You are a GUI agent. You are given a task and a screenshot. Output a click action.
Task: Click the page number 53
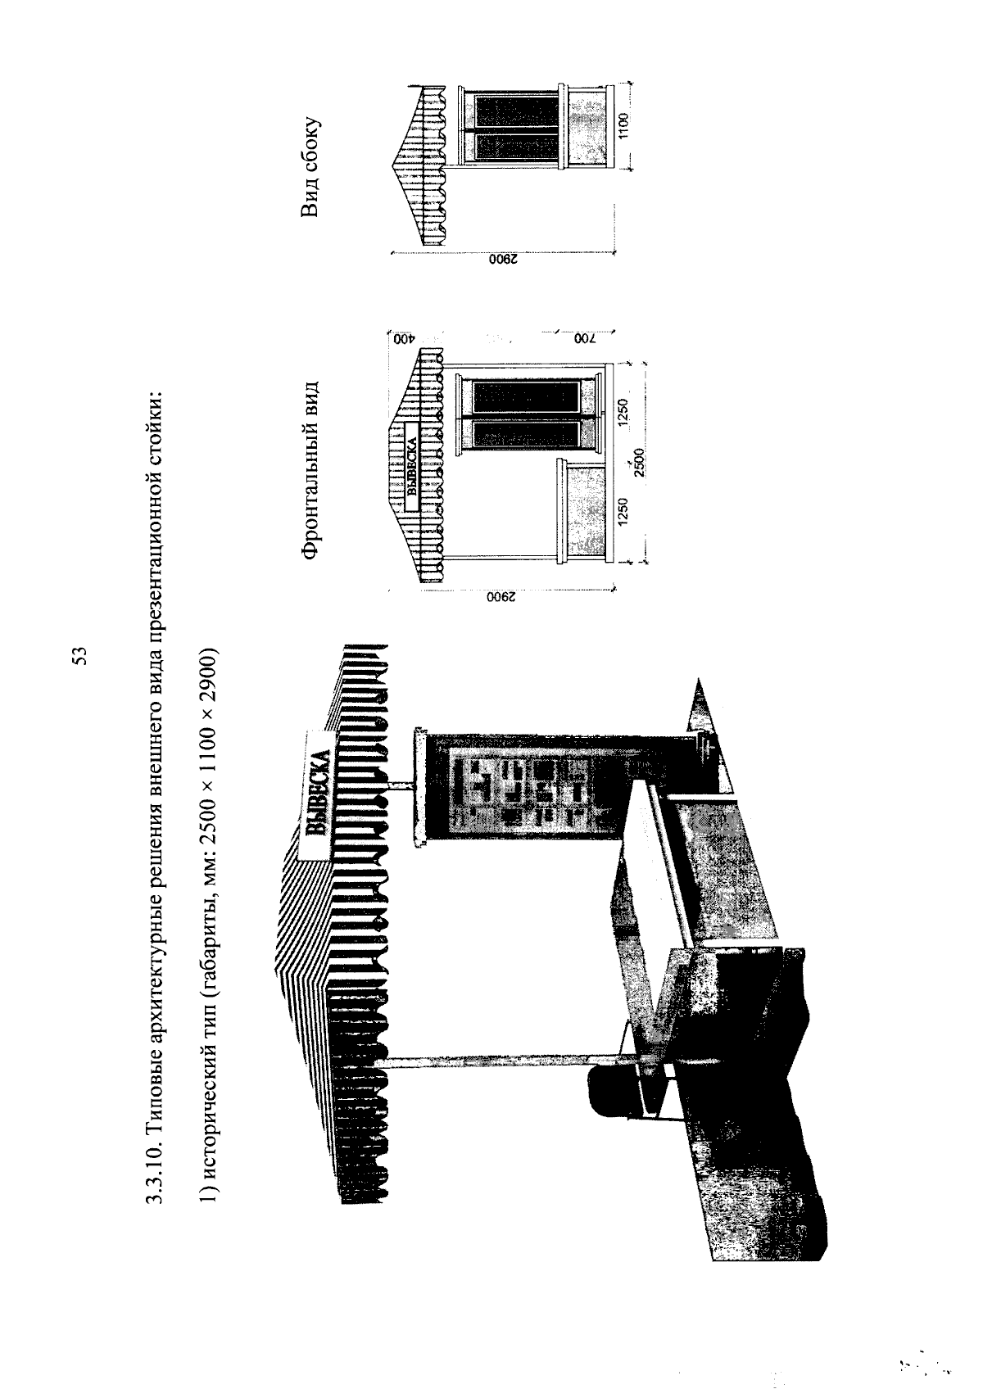pyautogui.click(x=79, y=655)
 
